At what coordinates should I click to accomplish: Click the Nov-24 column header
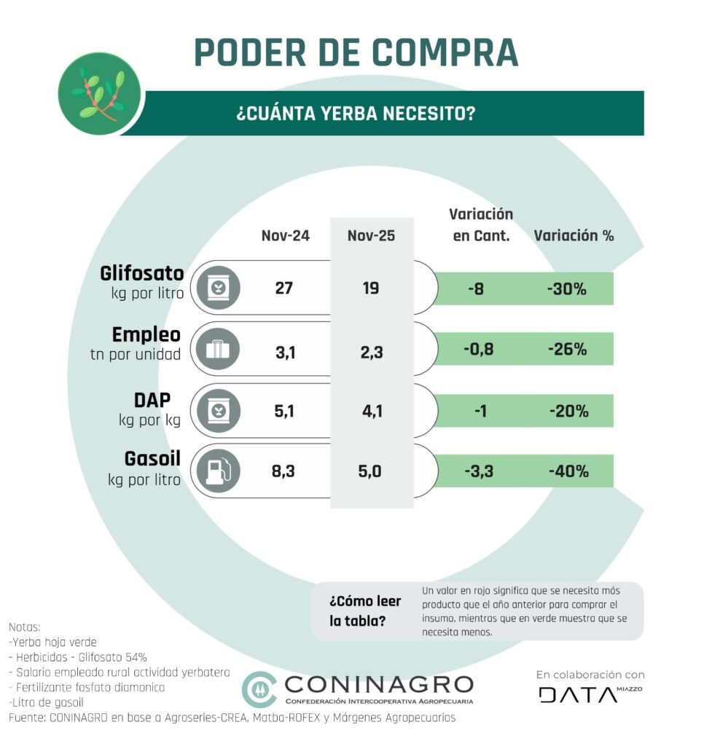286,236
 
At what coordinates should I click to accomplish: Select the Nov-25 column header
371,236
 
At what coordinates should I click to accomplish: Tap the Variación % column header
574,236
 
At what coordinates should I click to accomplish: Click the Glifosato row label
142,274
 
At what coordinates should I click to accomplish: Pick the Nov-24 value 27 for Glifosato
283,288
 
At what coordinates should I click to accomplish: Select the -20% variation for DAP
568,412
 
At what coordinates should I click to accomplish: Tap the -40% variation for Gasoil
568,471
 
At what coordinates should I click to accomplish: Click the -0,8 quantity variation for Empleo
479,350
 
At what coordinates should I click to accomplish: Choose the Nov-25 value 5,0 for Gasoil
371,472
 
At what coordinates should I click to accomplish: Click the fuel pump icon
218,471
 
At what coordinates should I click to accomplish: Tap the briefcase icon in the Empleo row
218,350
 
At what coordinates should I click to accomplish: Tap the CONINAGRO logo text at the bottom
379,685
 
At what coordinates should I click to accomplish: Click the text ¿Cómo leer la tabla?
359,611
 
